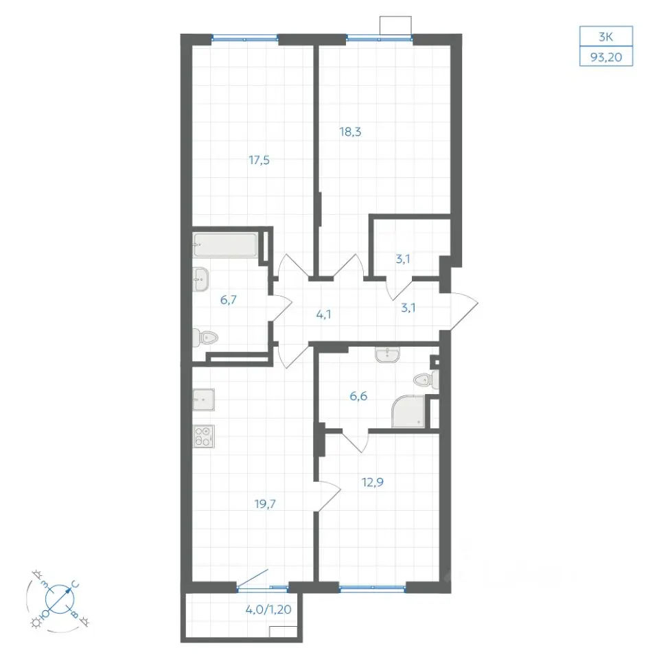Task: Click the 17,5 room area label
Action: tap(259, 160)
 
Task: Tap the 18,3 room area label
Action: tap(350, 132)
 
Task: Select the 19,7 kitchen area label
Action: tap(265, 503)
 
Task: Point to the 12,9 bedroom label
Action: tap(372, 482)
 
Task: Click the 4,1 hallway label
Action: tap(323, 314)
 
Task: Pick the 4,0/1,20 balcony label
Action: tap(268, 609)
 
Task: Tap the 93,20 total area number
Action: tap(606, 57)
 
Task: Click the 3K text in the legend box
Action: tap(605, 37)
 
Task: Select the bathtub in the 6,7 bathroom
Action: tap(225, 244)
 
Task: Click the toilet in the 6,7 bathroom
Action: tap(205, 338)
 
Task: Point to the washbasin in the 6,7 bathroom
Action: tap(200, 279)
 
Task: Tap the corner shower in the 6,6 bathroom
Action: tap(408, 411)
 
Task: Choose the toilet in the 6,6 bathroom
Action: tap(426, 380)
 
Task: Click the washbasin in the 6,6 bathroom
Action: tap(387, 355)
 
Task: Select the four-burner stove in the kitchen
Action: tap(203, 437)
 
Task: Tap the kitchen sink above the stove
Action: tap(203, 400)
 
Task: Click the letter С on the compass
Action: tap(75, 584)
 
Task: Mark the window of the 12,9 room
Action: tap(372, 588)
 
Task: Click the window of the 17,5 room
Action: tap(244, 39)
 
